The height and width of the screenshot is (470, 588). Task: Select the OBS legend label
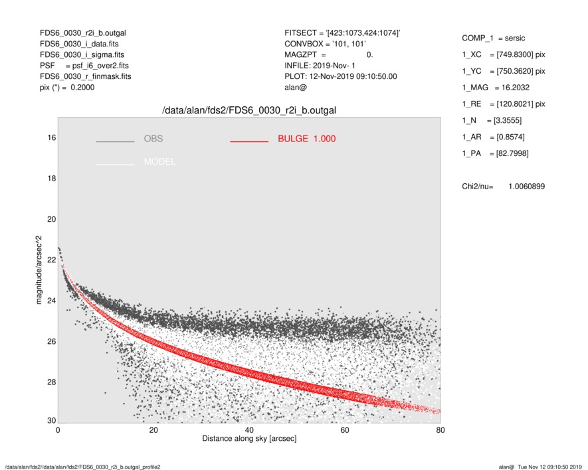tap(153, 139)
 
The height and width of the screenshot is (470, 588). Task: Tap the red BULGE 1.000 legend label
tap(306, 139)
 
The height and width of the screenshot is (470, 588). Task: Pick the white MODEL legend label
tap(159, 162)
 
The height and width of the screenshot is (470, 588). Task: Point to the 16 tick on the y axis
tap(51, 137)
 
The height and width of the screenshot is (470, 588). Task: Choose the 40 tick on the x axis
tap(249, 430)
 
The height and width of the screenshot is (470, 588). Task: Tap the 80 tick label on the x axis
tap(440, 430)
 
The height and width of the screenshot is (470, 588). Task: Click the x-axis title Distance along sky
tap(249, 439)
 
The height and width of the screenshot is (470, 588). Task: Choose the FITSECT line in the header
tap(342, 33)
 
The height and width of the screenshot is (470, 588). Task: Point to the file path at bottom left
tap(82, 467)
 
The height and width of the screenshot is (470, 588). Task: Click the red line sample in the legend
tap(249, 141)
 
